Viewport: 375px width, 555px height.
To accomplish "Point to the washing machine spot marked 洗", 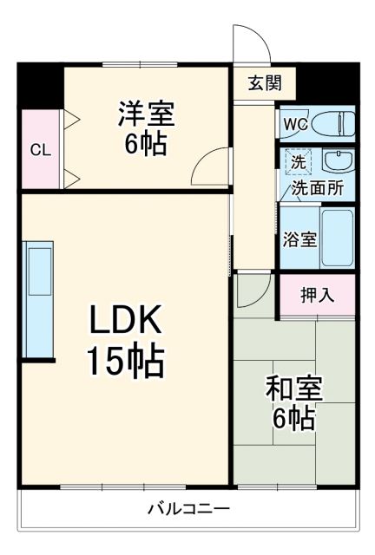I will pos(298,161).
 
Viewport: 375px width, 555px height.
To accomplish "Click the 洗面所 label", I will pos(316,186).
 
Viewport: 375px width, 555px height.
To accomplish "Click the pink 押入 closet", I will pos(317,295).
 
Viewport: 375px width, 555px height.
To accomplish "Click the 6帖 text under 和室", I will pos(293,420).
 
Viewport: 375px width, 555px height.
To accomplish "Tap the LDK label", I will pos(124,323).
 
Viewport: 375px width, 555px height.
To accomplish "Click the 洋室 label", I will pos(145,113).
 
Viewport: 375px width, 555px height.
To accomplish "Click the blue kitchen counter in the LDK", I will pos(40,299).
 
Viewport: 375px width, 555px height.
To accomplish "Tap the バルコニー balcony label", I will pos(187,507).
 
